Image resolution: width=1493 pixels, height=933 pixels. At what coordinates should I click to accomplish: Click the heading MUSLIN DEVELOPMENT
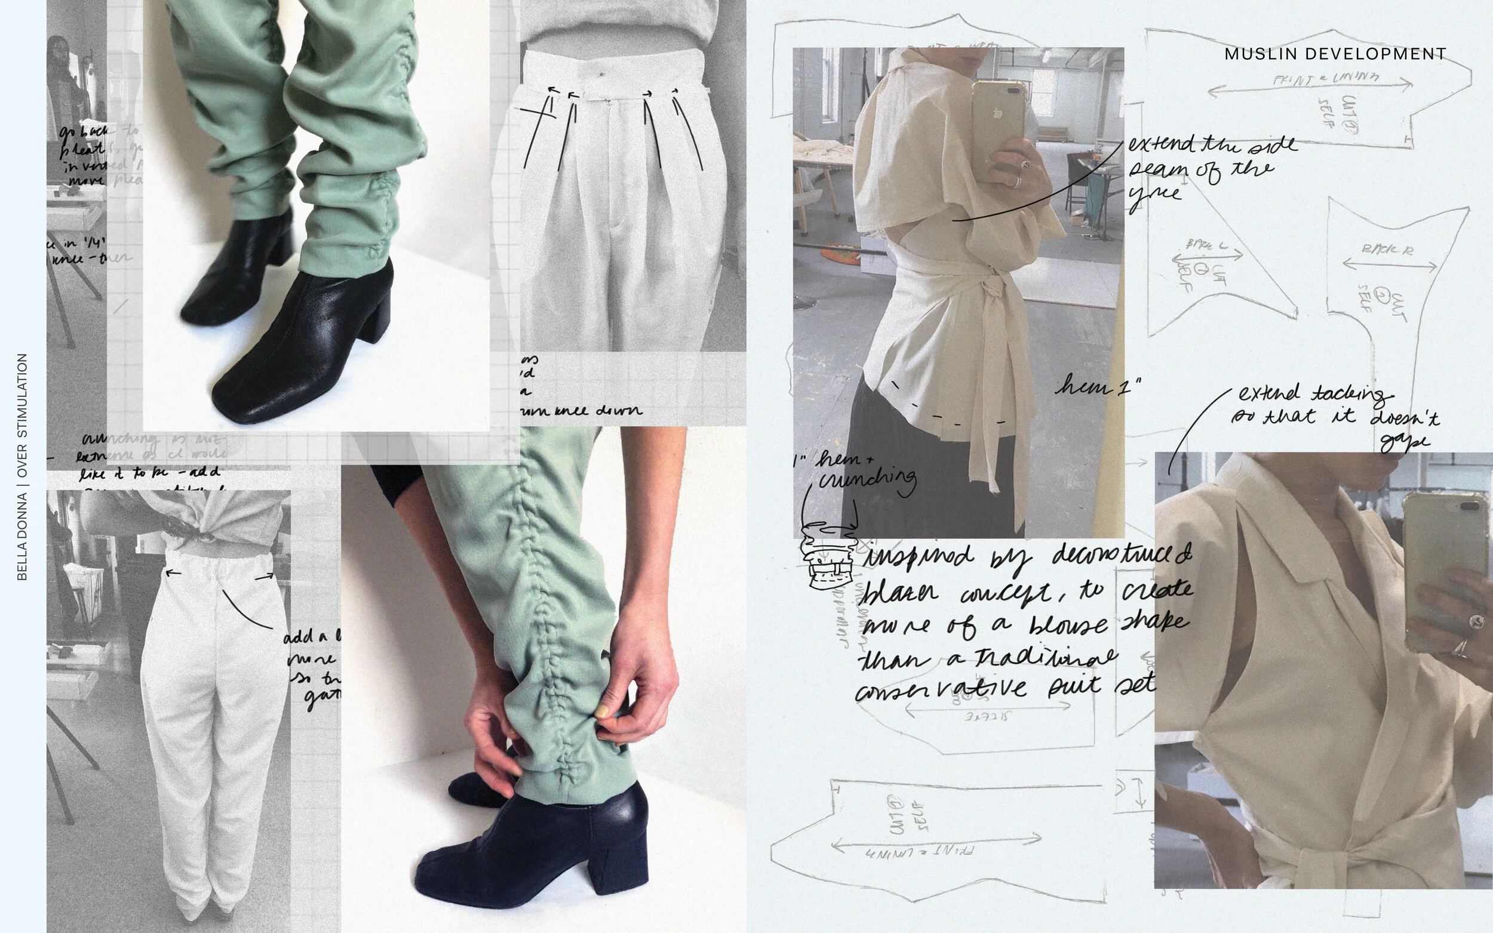click(x=1335, y=54)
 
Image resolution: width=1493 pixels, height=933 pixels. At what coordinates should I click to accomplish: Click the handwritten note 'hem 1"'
click(x=1098, y=387)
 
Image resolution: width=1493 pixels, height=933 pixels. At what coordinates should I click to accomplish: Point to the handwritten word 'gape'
click(x=1405, y=441)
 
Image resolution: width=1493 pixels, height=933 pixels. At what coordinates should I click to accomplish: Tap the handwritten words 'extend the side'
click(x=1213, y=144)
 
